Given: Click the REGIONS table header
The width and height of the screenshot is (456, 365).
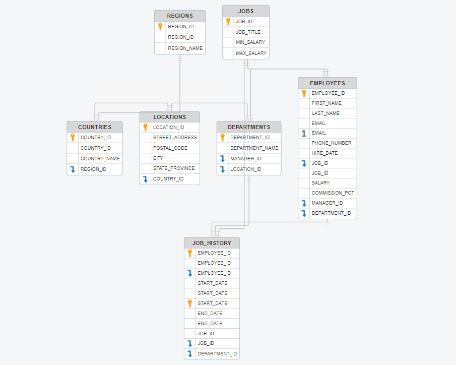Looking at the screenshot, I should tap(180, 16).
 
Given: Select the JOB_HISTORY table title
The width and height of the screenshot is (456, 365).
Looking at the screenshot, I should tap(212, 243).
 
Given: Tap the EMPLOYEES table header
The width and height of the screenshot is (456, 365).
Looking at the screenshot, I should tap(327, 83).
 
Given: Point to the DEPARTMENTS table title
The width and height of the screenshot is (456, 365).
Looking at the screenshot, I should tap(249, 127).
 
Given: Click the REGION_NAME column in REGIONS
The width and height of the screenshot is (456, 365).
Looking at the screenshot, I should tap(185, 48).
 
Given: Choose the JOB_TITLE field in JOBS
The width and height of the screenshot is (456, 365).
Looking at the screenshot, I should tap(248, 32).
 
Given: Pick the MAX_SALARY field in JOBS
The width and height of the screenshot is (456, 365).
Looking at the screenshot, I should tap(251, 53).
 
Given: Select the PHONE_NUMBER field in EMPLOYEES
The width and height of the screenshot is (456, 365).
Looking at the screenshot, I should tap(331, 143).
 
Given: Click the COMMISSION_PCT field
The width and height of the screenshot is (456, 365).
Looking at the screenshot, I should tap(333, 193).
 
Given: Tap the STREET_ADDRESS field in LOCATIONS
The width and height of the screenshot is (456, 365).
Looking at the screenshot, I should tap(175, 138).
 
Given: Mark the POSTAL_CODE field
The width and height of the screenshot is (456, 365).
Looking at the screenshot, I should tap(170, 148).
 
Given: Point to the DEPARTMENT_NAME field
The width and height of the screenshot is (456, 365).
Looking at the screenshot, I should tap(254, 148).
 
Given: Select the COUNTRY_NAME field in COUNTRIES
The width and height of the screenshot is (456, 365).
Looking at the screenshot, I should tap(100, 159).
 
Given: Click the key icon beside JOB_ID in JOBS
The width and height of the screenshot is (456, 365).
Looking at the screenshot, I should tap(228, 22).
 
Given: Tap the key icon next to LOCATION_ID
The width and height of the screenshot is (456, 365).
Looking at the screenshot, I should tap(145, 128).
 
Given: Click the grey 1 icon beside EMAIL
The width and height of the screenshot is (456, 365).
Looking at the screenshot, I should tap(304, 133).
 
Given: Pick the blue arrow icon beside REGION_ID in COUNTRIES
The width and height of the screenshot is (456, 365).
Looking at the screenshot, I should tap(73, 169).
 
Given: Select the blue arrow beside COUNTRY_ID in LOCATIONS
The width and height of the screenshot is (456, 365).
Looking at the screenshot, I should tap(145, 179).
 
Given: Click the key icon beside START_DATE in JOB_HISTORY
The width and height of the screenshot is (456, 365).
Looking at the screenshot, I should tap(189, 303).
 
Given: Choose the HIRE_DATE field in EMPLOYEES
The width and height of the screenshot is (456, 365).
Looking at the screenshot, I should tap(325, 153).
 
